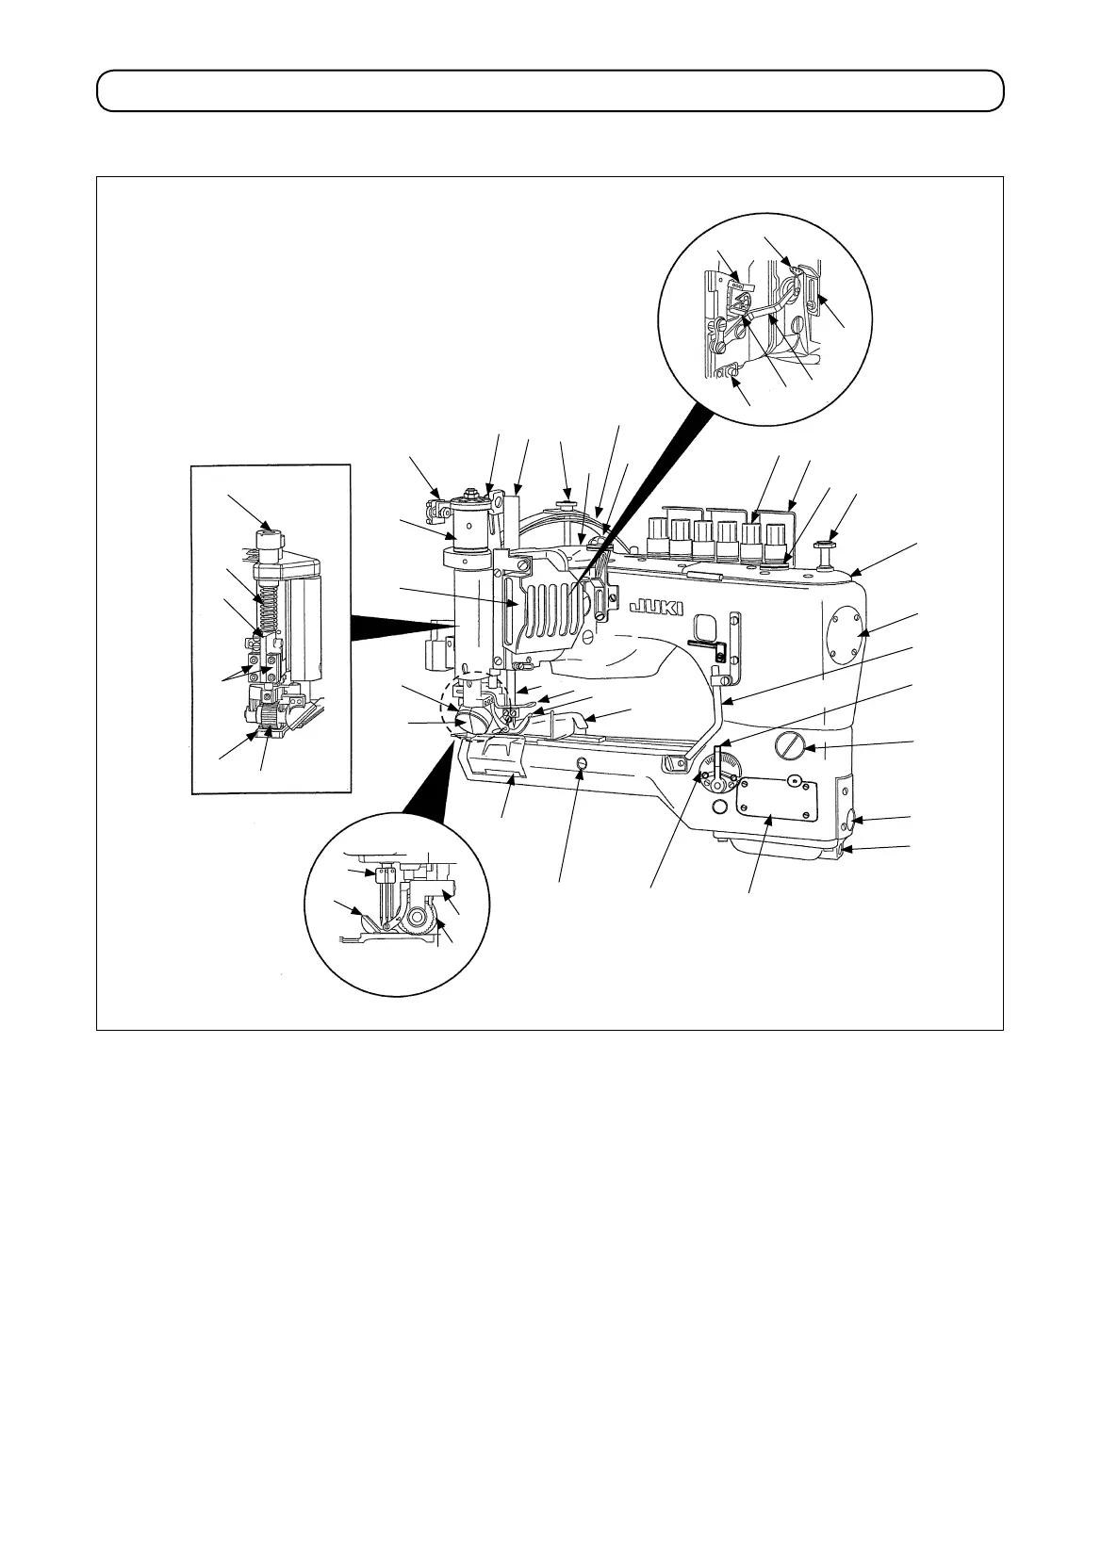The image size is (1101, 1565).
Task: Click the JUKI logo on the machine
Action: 653,603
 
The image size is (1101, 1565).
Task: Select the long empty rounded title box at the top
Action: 550,90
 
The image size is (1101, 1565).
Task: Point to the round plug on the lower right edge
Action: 852,819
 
